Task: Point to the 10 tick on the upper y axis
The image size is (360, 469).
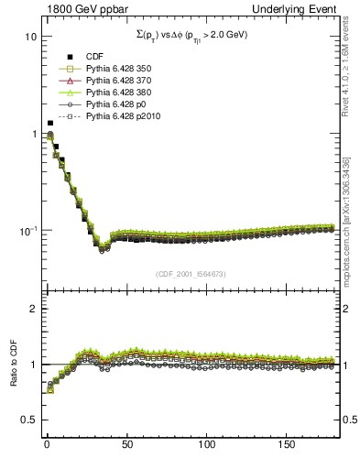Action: click(x=27, y=38)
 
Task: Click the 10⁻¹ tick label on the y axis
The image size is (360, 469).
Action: click(x=25, y=230)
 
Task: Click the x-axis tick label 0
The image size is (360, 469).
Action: click(x=46, y=444)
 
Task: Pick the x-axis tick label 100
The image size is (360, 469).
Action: click(x=207, y=444)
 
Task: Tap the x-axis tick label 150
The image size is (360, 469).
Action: click(x=288, y=444)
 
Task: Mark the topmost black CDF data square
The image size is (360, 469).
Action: click(x=49, y=123)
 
